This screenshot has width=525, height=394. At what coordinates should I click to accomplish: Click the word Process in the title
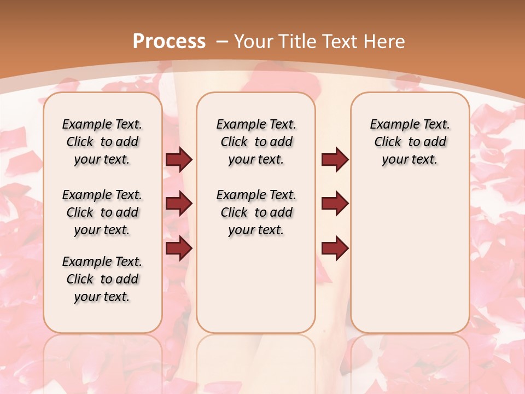(169, 41)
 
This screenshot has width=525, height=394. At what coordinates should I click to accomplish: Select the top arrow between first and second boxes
(179, 160)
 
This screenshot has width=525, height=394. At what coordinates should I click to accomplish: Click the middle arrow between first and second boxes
(179, 204)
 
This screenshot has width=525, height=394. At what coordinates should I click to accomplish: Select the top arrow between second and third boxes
(335, 160)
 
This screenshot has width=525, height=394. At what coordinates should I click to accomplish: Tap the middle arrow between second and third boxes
(335, 204)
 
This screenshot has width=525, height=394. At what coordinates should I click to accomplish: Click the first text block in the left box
(102, 142)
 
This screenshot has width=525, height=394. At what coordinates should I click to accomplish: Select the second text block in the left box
(102, 212)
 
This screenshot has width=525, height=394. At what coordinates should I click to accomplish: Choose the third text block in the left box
(102, 279)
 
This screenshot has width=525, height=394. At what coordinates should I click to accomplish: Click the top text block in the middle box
(256, 142)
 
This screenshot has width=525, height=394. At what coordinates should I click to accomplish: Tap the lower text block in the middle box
(256, 212)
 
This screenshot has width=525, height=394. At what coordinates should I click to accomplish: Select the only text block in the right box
(410, 142)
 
